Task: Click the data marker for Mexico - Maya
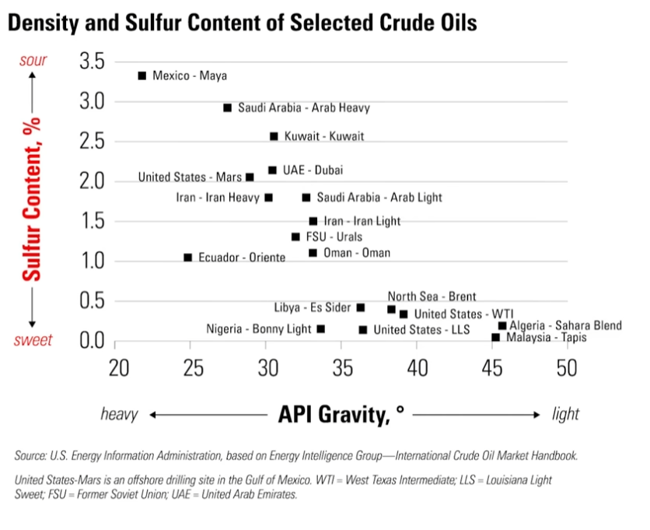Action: tap(142, 75)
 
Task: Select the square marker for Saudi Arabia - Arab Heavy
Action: tap(228, 108)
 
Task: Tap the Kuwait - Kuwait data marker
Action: tap(274, 136)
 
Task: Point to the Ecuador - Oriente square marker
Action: tap(187, 257)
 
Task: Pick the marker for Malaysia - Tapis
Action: tap(496, 337)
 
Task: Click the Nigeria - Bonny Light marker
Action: tap(321, 329)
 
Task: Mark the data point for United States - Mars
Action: tap(250, 177)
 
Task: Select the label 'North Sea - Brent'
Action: tap(432, 297)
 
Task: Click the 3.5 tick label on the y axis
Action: tap(96, 61)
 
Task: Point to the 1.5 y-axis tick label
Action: tap(96, 221)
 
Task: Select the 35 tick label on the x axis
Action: tap(343, 367)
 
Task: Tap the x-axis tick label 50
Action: tap(567, 367)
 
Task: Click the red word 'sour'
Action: tap(33, 61)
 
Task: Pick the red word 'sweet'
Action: tap(33, 340)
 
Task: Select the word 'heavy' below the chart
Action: tap(119, 414)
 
